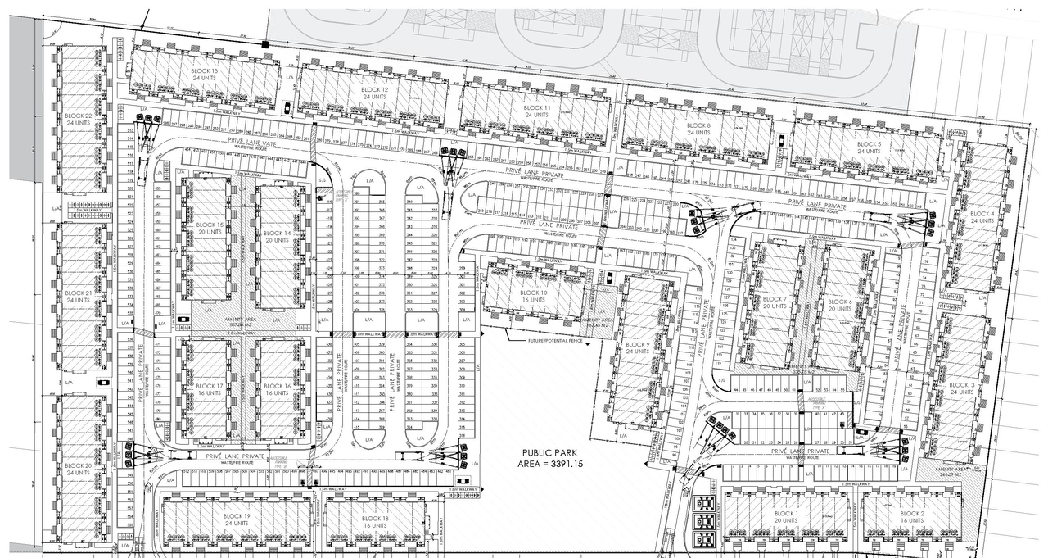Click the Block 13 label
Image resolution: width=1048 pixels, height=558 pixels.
pos(203,72)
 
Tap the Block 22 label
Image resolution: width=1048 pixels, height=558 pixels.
pos(78,116)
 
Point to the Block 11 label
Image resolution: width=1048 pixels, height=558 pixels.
pos(537,108)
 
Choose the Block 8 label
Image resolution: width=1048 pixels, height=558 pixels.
pos(698,125)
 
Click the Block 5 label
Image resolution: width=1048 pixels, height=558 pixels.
pos(869,144)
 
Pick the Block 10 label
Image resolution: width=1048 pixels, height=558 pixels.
pos(533,293)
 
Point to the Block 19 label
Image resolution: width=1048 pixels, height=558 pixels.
pos(237,516)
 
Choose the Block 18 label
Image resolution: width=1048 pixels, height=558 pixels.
pos(374,519)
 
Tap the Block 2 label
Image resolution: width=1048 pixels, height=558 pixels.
pos(912,514)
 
